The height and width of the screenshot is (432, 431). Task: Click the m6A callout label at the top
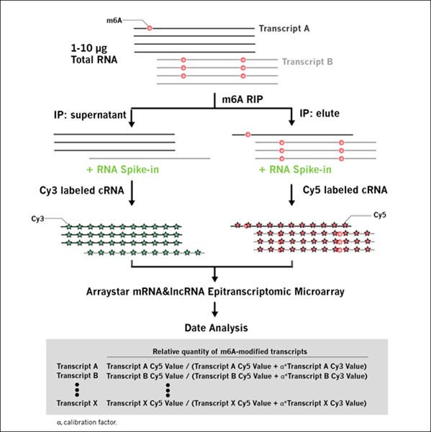click(x=114, y=20)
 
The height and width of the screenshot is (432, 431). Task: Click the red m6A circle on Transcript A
click(x=150, y=28)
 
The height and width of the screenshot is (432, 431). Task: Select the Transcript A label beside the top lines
click(x=284, y=28)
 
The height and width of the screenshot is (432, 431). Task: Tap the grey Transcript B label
click(x=307, y=61)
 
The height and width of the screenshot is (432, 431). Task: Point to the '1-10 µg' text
click(x=89, y=48)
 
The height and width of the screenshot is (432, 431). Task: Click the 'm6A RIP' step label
click(x=242, y=99)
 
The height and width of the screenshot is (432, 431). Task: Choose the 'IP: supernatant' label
click(x=90, y=115)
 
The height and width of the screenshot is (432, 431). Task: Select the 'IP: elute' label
click(x=319, y=113)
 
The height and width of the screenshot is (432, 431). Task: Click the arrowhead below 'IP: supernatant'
click(x=132, y=123)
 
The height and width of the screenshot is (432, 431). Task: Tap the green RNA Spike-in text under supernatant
click(x=123, y=169)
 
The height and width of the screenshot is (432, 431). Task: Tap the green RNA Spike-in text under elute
click(x=295, y=169)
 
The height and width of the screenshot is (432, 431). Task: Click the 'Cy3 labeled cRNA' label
click(x=82, y=190)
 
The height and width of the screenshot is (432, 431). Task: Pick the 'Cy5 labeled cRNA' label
click(x=345, y=190)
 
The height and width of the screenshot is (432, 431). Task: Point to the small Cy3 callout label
click(x=37, y=219)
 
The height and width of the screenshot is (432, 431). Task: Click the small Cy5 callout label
click(x=380, y=215)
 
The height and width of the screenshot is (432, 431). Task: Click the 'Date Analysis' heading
click(x=216, y=328)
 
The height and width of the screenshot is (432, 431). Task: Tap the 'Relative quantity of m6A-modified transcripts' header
click(x=230, y=351)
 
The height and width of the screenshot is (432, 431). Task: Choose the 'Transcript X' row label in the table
click(x=77, y=403)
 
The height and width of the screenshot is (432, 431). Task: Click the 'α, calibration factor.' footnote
click(x=87, y=422)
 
